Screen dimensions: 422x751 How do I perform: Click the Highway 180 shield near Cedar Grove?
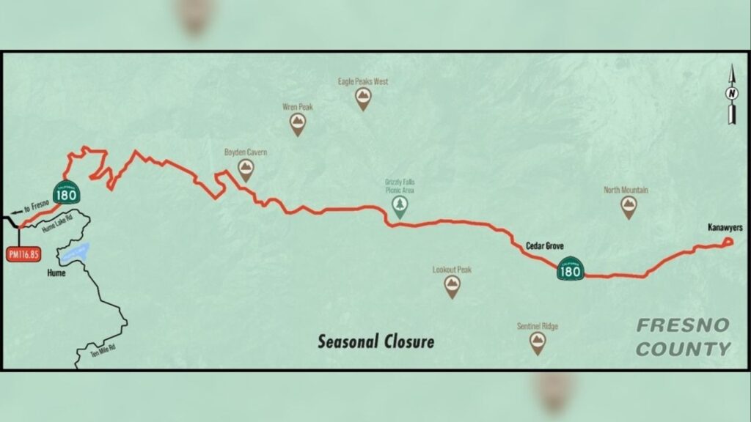[571, 270]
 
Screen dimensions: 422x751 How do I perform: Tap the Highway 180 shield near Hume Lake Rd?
[67, 192]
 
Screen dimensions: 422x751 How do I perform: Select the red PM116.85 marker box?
[23, 254]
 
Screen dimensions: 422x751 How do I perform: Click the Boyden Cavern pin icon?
[246, 171]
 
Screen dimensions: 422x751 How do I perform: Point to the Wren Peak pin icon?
[297, 125]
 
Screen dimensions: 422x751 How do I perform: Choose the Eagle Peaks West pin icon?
[362, 100]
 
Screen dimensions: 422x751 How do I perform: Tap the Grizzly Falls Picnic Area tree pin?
[400, 207]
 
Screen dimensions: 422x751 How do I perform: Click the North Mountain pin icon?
[628, 207]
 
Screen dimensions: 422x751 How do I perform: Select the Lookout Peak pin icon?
[452, 286]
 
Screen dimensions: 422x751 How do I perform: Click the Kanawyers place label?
[725, 228]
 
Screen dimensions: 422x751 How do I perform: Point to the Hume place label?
[55, 273]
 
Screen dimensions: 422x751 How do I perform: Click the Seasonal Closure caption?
[375, 341]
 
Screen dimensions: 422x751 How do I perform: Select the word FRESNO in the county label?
[683, 325]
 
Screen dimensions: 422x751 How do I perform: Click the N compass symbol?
[730, 94]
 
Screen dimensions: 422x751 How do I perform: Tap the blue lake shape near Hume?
[75, 253]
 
